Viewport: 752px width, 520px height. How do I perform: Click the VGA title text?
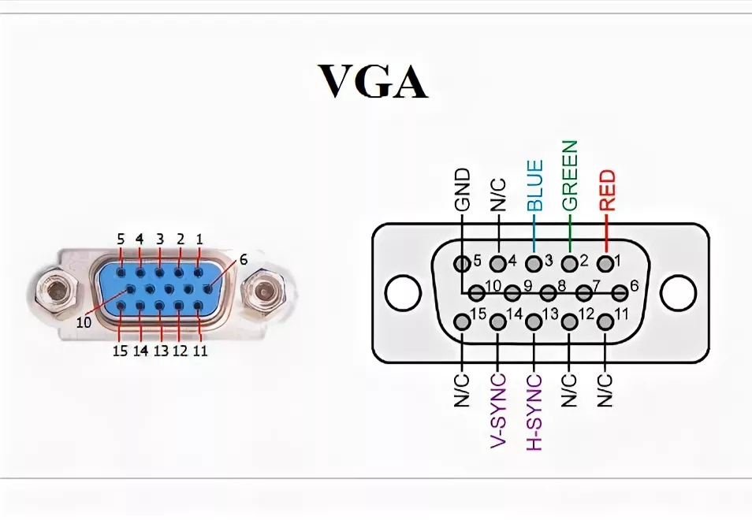coord(373,80)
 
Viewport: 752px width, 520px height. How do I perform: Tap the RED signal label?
coord(607,190)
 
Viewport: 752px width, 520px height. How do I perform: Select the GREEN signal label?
coord(570,175)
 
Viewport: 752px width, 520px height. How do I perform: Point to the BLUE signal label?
coord(534,184)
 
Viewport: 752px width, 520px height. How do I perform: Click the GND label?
coord(462,190)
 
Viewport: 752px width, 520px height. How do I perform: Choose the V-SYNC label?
coord(498,410)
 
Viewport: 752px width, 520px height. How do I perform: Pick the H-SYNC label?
coord(534,410)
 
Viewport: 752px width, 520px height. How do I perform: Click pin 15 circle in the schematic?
coord(461,322)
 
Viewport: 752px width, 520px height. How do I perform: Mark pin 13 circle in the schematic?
coord(534,322)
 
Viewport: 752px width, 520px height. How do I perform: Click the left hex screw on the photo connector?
coord(56,293)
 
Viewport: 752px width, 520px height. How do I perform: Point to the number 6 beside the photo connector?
coord(244,258)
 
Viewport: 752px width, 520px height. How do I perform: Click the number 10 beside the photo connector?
coord(84,321)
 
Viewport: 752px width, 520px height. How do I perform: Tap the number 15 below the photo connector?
coord(120,351)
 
